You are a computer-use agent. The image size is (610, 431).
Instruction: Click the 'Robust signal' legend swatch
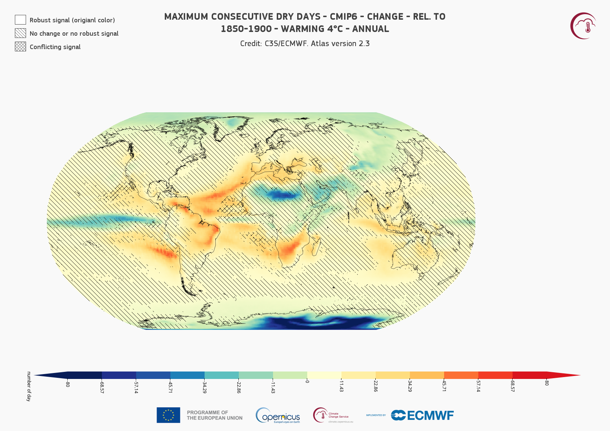pyautogui.click(x=20, y=20)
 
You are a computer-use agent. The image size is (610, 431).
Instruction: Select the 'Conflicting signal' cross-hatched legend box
pyautogui.click(x=20, y=46)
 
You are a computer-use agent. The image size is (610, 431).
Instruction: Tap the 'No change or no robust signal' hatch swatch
pyautogui.click(x=20, y=33)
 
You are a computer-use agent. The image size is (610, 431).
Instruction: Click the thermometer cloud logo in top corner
pyautogui.click(x=583, y=26)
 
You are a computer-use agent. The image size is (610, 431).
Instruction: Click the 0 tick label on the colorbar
pyautogui.click(x=307, y=382)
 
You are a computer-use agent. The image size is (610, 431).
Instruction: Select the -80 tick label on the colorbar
pyautogui.click(x=68, y=384)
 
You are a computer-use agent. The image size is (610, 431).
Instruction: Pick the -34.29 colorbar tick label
pyautogui.click(x=205, y=387)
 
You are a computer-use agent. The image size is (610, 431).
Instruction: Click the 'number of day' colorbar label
pyautogui.click(x=29, y=386)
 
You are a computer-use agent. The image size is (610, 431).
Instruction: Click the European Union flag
pyautogui.click(x=168, y=415)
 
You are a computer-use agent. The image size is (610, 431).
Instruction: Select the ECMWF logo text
pyautogui.click(x=423, y=415)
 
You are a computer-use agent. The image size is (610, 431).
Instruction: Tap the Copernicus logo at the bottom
pyautogui.click(x=278, y=415)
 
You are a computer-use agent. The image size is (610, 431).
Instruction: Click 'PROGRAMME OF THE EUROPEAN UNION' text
pyautogui.click(x=215, y=415)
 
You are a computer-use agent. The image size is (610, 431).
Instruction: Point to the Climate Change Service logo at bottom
pyautogui.click(x=333, y=415)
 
